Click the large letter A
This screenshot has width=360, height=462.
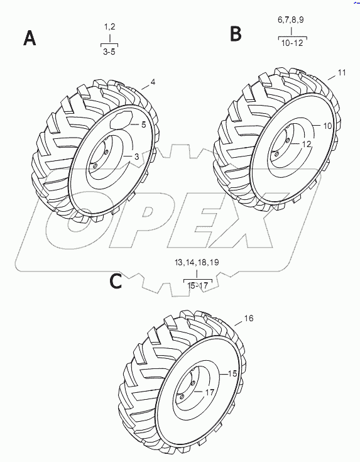pos(30,38)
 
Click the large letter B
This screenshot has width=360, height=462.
pos(236,33)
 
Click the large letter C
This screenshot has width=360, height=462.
pos(116,281)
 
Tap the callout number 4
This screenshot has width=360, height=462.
pos(153,82)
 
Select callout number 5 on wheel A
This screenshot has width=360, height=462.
pos(143,124)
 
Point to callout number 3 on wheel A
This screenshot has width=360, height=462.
pos(136,157)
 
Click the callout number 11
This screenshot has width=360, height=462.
pos(342,72)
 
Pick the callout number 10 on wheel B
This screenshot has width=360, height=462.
pos(327,126)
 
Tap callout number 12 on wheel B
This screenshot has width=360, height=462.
pos(307,144)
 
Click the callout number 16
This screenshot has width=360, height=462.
pos(249,318)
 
